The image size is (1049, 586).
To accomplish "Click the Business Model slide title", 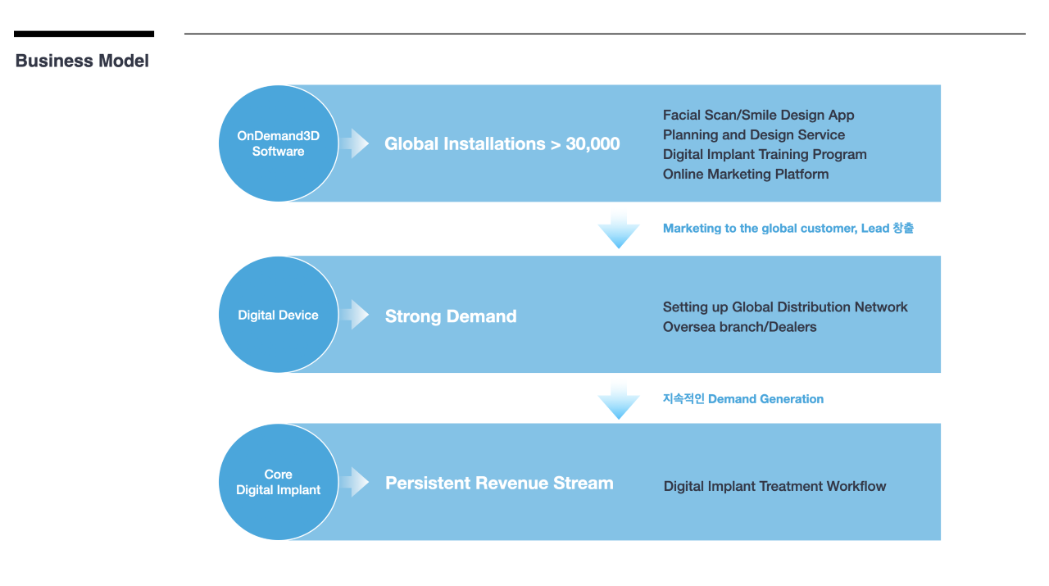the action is (82, 61).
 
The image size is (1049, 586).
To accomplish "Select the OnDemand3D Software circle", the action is (279, 143).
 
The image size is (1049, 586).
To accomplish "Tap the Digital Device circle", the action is (279, 315).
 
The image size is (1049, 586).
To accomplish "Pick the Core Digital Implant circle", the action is (279, 482).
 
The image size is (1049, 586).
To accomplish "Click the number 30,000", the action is (593, 143).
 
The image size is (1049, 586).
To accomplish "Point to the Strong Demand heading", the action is (451, 316).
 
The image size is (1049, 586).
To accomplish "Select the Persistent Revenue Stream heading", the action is (499, 483).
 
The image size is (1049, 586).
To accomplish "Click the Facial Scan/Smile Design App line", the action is (758, 116).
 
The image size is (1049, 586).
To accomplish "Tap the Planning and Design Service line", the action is (754, 135).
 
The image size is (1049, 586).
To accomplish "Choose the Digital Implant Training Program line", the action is (765, 155).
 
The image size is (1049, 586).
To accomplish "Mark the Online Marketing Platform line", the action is (746, 175).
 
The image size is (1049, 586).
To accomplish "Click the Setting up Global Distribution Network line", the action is (785, 307).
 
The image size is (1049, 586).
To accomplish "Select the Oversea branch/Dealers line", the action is (739, 327).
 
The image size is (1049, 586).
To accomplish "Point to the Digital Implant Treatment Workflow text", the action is (774, 486).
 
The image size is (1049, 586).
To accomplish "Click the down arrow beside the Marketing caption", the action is (619, 229).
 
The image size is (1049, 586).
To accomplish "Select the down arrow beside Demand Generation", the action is (619, 401).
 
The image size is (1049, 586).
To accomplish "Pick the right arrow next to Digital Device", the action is (355, 315).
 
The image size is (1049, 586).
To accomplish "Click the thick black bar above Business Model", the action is (84, 34).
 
